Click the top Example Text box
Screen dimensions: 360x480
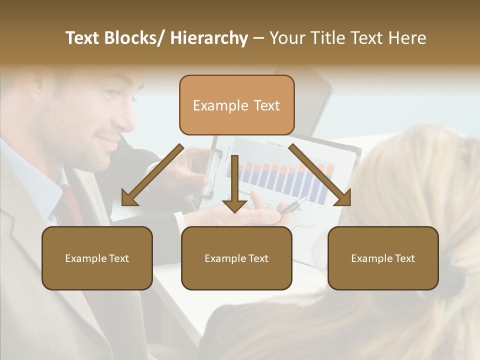pyautogui.click(x=236, y=105)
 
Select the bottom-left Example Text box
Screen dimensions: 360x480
pyautogui.click(x=97, y=258)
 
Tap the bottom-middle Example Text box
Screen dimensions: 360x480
pyautogui.click(x=236, y=258)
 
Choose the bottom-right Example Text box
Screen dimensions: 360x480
pyautogui.click(x=383, y=258)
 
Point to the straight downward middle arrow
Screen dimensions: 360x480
pyautogui.click(x=234, y=185)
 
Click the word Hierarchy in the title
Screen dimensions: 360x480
pyautogui.click(x=209, y=38)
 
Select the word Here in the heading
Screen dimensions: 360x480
pyautogui.click(x=407, y=38)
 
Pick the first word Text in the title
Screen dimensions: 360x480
pyautogui.click(x=82, y=38)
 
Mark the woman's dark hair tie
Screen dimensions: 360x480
pyautogui.click(x=456, y=272)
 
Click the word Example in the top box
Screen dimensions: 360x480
pyautogui.click(x=213, y=105)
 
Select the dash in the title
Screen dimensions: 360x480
pyautogui.click(x=258, y=38)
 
